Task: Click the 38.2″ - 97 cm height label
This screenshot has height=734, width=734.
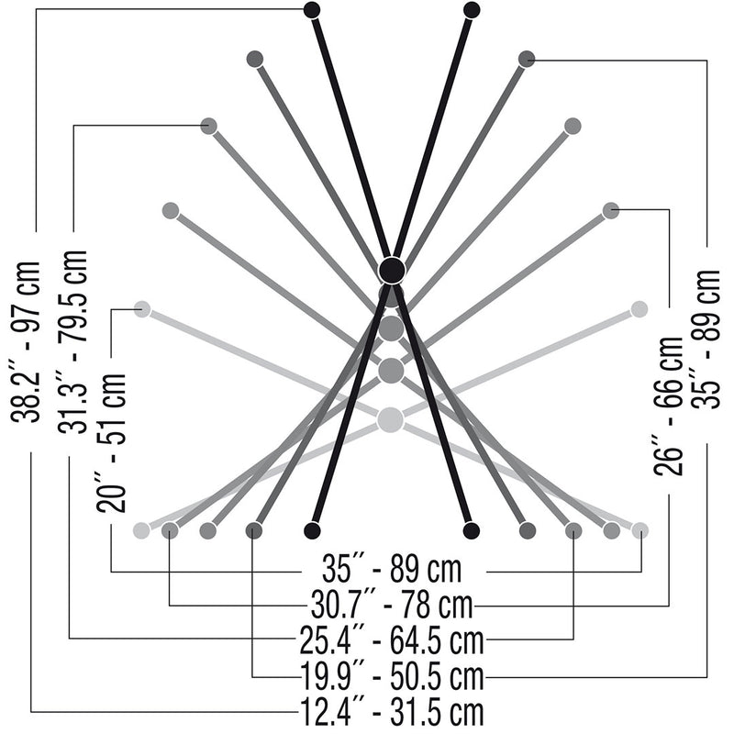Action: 26,341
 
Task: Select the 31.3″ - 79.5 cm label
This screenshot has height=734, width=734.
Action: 72,341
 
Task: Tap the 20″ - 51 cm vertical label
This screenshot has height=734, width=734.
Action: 111,442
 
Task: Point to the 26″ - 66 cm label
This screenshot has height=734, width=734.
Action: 669,406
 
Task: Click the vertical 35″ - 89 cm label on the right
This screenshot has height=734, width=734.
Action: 706,339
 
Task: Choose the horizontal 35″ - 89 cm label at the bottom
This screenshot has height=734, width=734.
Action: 392,569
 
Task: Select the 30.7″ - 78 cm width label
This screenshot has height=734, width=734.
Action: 392,605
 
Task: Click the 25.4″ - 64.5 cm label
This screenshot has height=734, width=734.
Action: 392,640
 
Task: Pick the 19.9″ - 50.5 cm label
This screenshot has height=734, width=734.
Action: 392,676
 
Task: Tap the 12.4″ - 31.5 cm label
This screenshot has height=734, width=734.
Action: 392,712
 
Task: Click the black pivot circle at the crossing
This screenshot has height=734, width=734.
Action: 392,270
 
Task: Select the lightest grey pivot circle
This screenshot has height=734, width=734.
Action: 390,419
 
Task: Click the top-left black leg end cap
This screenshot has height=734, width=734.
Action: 312,9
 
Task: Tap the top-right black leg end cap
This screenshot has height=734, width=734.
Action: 472,10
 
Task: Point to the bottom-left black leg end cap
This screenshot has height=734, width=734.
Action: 312,530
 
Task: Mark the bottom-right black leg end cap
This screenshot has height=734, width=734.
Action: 471,530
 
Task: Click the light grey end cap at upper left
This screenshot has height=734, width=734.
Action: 142,309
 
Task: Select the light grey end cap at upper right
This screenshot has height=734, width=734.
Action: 639,309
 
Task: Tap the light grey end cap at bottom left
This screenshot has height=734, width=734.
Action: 141,530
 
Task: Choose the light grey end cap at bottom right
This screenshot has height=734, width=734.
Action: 639,530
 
